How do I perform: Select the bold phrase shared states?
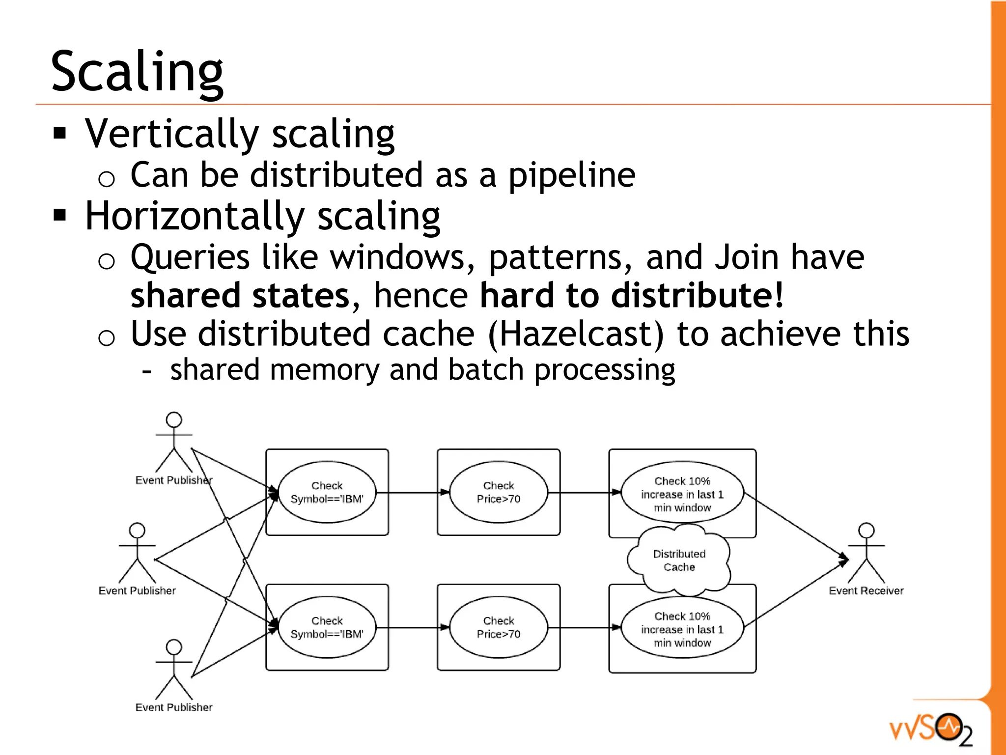pos(240,296)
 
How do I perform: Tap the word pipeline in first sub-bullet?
pos(571,175)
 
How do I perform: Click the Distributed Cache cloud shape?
pos(679,560)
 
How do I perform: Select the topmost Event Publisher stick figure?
pos(174,442)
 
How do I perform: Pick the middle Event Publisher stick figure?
pos(137,553)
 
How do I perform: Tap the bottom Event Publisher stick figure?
pos(174,670)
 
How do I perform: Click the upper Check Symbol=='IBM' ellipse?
pos(327,492)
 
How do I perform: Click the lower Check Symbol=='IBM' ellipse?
pos(327,627)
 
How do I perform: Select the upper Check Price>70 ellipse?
pos(498,492)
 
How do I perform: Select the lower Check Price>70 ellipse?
pos(498,627)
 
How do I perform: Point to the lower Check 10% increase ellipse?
pos(682,629)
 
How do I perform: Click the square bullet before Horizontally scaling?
pos(60,215)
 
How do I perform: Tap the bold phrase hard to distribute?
pos(631,296)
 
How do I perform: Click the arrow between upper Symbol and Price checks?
pos(413,492)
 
